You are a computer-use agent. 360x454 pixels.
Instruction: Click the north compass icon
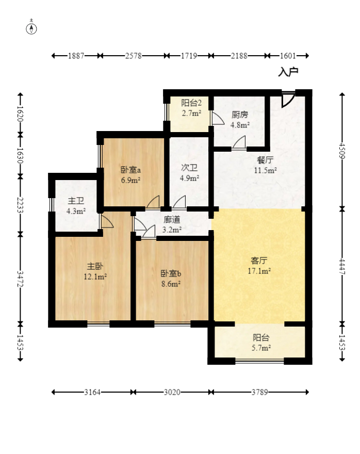31,28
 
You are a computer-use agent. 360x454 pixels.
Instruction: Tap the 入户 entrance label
288,72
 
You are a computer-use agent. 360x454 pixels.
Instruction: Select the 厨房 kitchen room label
240,115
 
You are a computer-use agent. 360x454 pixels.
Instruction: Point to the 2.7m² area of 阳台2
191,113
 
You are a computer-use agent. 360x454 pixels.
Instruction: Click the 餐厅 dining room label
265,160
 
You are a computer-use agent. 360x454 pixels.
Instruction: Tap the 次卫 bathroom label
189,168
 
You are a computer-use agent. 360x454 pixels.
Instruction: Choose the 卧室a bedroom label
130,170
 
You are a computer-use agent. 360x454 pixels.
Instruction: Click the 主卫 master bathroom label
76,201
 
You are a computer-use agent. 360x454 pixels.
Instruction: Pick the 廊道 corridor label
172,220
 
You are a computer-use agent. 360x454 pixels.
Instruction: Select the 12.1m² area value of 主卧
95,277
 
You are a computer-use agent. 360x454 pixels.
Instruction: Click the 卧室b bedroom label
171,273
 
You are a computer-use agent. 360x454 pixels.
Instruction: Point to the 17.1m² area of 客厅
259,271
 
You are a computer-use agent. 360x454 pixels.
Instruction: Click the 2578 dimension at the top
134,56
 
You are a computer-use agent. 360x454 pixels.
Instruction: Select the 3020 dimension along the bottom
172,392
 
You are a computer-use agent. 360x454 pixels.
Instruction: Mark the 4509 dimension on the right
342,151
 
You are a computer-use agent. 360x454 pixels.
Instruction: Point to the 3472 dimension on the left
20,279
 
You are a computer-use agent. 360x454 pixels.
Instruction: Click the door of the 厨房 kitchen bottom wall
239,143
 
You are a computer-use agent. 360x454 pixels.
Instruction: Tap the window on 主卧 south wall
99,324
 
